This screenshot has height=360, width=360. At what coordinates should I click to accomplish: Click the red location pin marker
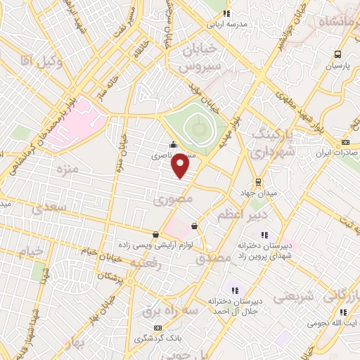[181, 166]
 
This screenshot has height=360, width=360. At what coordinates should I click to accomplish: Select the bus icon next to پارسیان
[338, 53]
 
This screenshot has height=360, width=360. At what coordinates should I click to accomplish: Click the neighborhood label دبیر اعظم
[240, 212]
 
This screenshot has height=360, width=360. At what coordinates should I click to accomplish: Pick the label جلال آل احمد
[235, 311]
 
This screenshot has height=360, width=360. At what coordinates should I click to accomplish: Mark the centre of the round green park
[198, 128]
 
